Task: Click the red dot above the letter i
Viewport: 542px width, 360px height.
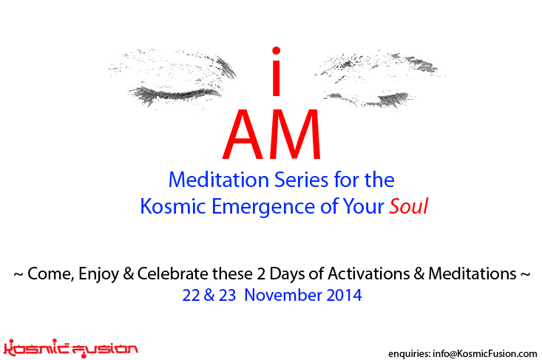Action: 276,51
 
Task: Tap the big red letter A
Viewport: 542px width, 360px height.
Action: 243,134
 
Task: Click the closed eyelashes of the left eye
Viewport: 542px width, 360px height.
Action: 175,95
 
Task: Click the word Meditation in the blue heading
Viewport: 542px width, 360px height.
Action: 219,180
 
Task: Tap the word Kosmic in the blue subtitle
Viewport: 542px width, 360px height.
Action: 173,206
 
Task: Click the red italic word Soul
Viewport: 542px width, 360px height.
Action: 409,206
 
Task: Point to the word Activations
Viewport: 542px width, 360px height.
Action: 369,274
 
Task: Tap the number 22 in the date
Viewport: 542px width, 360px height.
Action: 192,296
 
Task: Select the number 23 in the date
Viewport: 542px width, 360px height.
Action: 228,296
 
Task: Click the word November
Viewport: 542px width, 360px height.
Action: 283,296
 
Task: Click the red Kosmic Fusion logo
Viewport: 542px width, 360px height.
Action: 70,348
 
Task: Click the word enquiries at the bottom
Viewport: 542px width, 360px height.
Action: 409,354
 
